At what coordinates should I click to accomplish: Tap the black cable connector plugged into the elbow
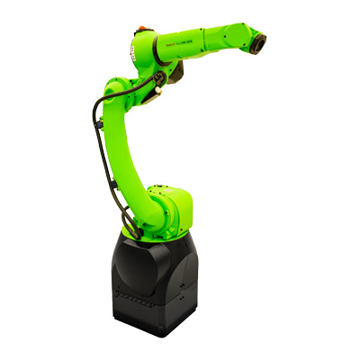(x=160, y=79)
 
